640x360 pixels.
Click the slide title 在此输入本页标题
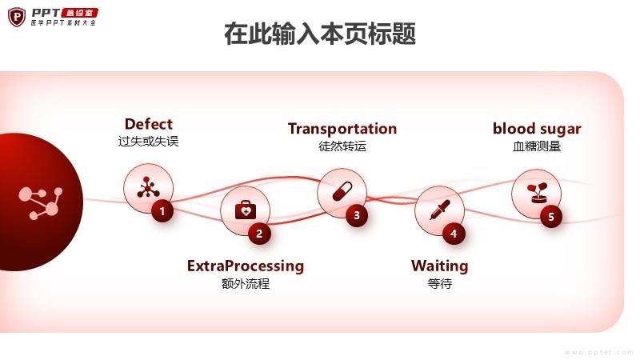(320, 35)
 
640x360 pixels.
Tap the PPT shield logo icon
(17, 17)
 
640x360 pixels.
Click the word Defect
(148, 124)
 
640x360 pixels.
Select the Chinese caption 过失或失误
(148, 142)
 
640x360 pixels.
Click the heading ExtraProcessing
(246, 266)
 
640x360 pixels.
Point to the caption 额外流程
(246, 283)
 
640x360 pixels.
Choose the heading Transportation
(342, 129)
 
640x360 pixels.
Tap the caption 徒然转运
(342, 146)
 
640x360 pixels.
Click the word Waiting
(440, 266)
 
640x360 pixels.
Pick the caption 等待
(440, 283)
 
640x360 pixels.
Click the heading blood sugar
(537, 129)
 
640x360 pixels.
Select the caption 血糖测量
(537, 146)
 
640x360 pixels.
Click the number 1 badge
(162, 211)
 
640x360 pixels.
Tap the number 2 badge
(259, 234)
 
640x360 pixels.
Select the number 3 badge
(357, 214)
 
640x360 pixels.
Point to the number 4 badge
(454, 234)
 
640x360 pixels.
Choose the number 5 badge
(551, 216)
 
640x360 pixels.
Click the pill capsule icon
(342, 191)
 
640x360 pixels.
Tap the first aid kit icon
(245, 210)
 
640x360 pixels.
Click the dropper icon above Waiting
(438, 210)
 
